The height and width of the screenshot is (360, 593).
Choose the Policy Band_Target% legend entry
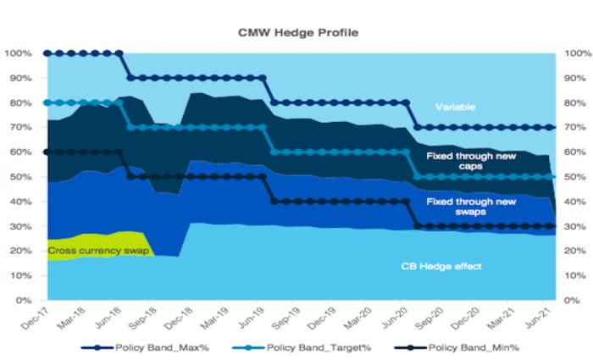tap(313, 348)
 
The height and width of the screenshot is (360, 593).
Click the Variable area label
tap(456, 108)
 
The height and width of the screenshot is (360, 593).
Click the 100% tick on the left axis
tap(19, 53)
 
